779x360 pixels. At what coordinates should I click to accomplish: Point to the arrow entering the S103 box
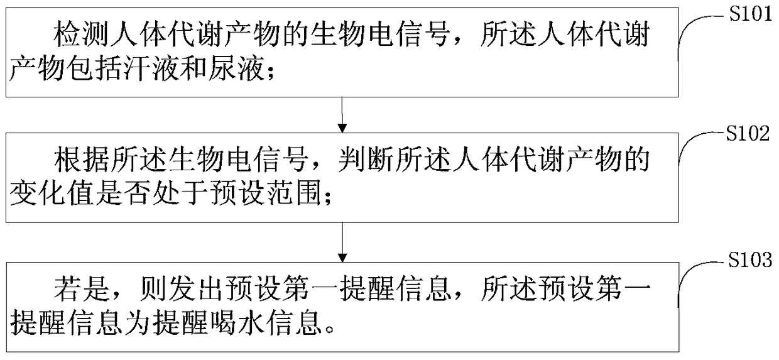tap(340, 242)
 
